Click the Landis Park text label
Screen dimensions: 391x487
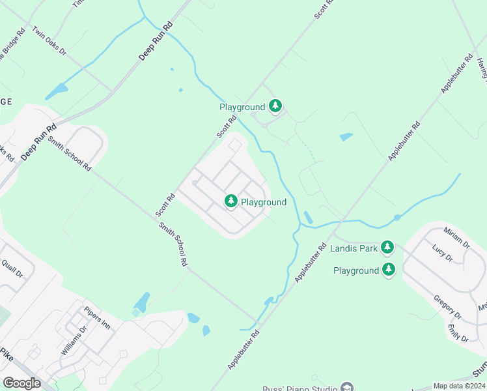354,248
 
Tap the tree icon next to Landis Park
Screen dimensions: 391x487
387,247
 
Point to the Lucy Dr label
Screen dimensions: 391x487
442,252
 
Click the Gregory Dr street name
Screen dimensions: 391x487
447,306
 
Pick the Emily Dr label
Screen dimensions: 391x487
458,332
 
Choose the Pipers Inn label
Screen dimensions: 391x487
97,317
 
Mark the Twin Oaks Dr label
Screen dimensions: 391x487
49,41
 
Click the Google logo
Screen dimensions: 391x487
21,383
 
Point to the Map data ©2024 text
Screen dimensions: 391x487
459,386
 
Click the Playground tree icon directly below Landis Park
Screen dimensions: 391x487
389,270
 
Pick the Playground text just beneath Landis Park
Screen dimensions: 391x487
355,270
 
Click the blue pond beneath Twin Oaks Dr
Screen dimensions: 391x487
57,91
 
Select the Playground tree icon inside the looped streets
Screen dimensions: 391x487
230,201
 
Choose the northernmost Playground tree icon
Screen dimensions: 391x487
275,106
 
